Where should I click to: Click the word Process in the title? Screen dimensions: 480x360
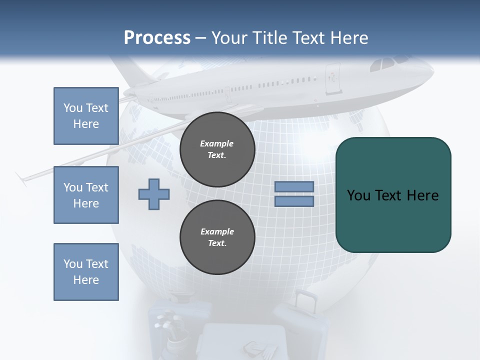[x=157, y=38]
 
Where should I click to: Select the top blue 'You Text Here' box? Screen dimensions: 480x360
[x=86, y=116]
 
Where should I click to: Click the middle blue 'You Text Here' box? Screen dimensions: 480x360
[x=86, y=195]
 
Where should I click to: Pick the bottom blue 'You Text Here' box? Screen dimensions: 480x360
[x=86, y=272]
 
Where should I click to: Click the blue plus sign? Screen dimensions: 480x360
[x=154, y=194]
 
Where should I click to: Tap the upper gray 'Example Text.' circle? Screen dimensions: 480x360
[x=217, y=149]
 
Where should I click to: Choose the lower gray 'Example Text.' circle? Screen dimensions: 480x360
[x=217, y=237]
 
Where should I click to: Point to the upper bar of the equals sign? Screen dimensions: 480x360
[x=294, y=186]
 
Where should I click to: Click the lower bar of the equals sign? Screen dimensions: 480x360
[x=294, y=201]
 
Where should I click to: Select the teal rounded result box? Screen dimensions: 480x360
[x=393, y=194]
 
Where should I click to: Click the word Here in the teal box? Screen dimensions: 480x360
[x=422, y=195]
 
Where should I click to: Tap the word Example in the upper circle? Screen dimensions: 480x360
[x=217, y=143]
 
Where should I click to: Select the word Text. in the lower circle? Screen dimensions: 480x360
[x=217, y=243]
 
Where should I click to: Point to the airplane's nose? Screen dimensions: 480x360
[x=431, y=73]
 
